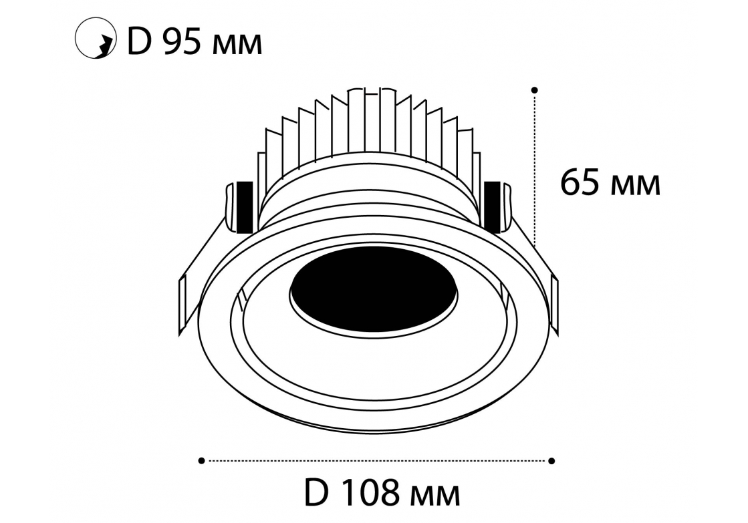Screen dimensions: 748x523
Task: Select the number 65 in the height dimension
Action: point(580,182)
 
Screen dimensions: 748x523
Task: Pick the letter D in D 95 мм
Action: point(139,43)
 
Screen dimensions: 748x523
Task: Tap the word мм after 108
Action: point(435,497)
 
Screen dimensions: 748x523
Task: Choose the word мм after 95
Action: point(237,47)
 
